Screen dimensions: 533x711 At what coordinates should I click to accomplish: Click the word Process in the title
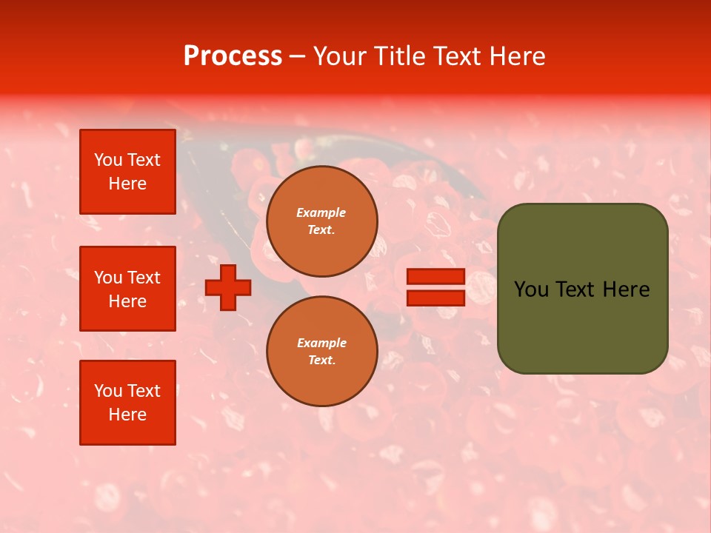[233, 56]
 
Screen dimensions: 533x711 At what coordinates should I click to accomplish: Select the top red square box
[127, 172]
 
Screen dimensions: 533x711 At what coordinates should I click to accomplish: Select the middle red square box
[127, 289]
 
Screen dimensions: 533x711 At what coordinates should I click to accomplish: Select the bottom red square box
[127, 402]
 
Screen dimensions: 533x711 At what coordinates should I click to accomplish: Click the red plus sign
[228, 287]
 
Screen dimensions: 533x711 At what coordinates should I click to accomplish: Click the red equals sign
[435, 287]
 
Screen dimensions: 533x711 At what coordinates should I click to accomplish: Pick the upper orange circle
[321, 221]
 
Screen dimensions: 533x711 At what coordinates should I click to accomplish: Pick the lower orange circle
[321, 351]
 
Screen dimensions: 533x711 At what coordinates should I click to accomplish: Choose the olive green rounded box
[582, 289]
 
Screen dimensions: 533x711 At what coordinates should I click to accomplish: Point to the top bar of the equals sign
[435, 276]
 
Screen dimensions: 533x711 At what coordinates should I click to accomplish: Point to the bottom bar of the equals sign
[435, 298]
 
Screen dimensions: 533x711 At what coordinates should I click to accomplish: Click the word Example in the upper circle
[321, 212]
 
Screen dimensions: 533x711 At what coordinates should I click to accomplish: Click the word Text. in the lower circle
[321, 360]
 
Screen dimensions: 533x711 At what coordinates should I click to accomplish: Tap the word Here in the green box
[625, 289]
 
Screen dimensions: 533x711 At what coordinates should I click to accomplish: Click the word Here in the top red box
[127, 184]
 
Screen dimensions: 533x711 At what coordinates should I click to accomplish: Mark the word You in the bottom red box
[108, 391]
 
